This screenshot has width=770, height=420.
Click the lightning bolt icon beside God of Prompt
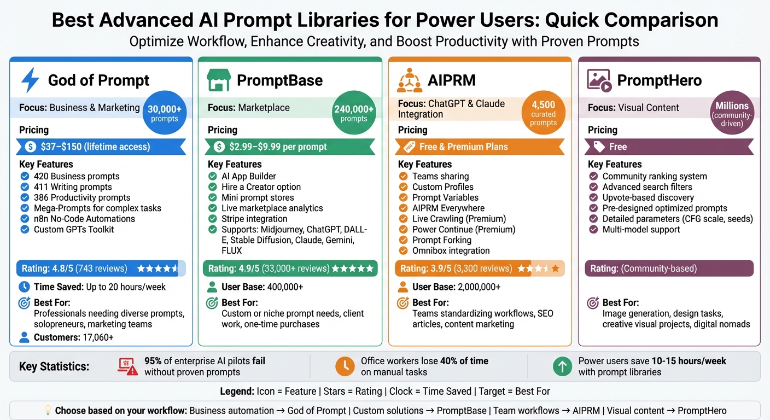click(x=30, y=80)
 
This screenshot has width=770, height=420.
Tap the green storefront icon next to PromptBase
click(x=218, y=80)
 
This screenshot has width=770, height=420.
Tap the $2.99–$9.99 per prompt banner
click(x=290, y=147)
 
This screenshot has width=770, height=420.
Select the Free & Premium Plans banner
click(x=479, y=147)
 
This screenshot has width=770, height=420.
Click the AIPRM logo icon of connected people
click(x=409, y=80)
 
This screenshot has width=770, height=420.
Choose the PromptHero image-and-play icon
click(x=599, y=80)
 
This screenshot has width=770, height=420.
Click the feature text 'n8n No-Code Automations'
click(x=84, y=219)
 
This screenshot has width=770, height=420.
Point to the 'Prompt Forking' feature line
click(x=442, y=240)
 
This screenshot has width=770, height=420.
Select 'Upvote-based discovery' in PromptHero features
click(x=648, y=197)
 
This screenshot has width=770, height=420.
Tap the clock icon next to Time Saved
click(x=24, y=287)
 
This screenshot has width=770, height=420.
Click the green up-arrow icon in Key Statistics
click(x=562, y=366)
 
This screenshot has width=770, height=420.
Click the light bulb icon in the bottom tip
click(x=47, y=411)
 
